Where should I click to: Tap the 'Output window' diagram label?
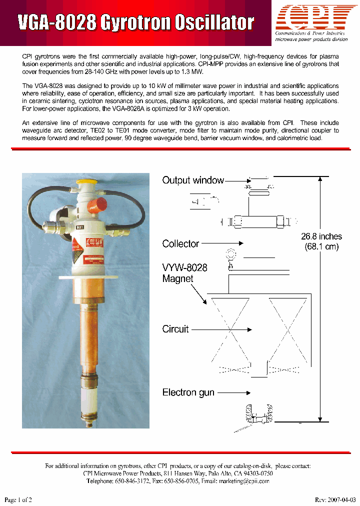193,180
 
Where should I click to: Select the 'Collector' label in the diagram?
180,244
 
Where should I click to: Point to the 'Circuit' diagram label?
175,329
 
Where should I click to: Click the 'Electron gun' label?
188,392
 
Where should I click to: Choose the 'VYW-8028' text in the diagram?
184,267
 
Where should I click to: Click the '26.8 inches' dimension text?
321,236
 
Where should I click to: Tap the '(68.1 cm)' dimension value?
321,246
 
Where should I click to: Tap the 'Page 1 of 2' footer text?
18,499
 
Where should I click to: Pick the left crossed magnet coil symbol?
229,330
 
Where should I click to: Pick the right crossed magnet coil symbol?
287,330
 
